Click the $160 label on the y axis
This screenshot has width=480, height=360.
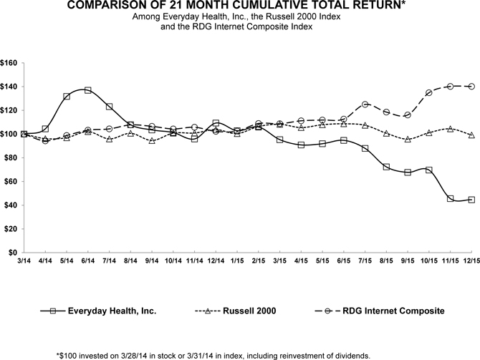tap(9, 63)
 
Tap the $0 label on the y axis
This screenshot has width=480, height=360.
tap(14, 253)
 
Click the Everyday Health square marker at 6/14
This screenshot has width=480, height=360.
tap(87, 90)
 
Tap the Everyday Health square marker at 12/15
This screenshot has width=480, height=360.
tap(471, 200)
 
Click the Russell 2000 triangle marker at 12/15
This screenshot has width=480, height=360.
tap(471, 135)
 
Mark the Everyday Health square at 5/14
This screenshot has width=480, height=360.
tap(67, 96)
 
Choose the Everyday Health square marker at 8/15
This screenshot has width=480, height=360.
tap(386, 167)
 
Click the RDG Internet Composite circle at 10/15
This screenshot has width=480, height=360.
tap(428, 92)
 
